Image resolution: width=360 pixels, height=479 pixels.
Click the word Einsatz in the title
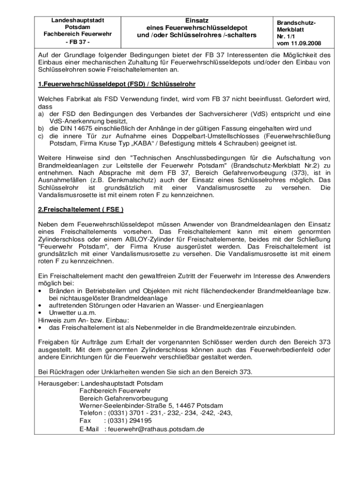(197, 20)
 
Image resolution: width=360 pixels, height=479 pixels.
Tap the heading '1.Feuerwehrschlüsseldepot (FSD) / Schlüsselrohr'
(116, 84)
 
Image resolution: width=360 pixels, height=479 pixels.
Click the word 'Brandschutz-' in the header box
(296, 22)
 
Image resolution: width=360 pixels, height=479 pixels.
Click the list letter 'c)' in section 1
(41, 136)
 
